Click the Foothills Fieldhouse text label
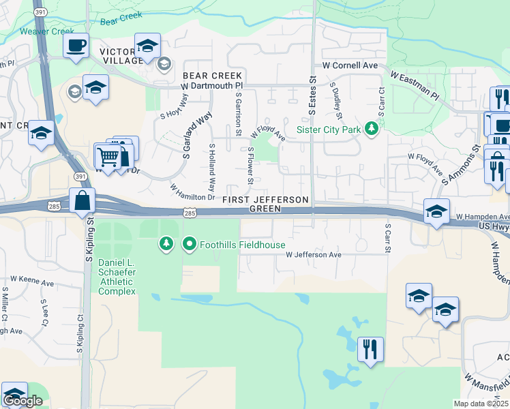(x=242, y=245)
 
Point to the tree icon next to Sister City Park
(x=372, y=128)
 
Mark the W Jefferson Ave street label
(x=313, y=254)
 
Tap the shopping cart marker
(x=108, y=156)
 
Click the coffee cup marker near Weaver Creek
(x=76, y=46)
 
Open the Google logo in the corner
(x=22, y=401)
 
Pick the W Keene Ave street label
(x=32, y=282)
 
